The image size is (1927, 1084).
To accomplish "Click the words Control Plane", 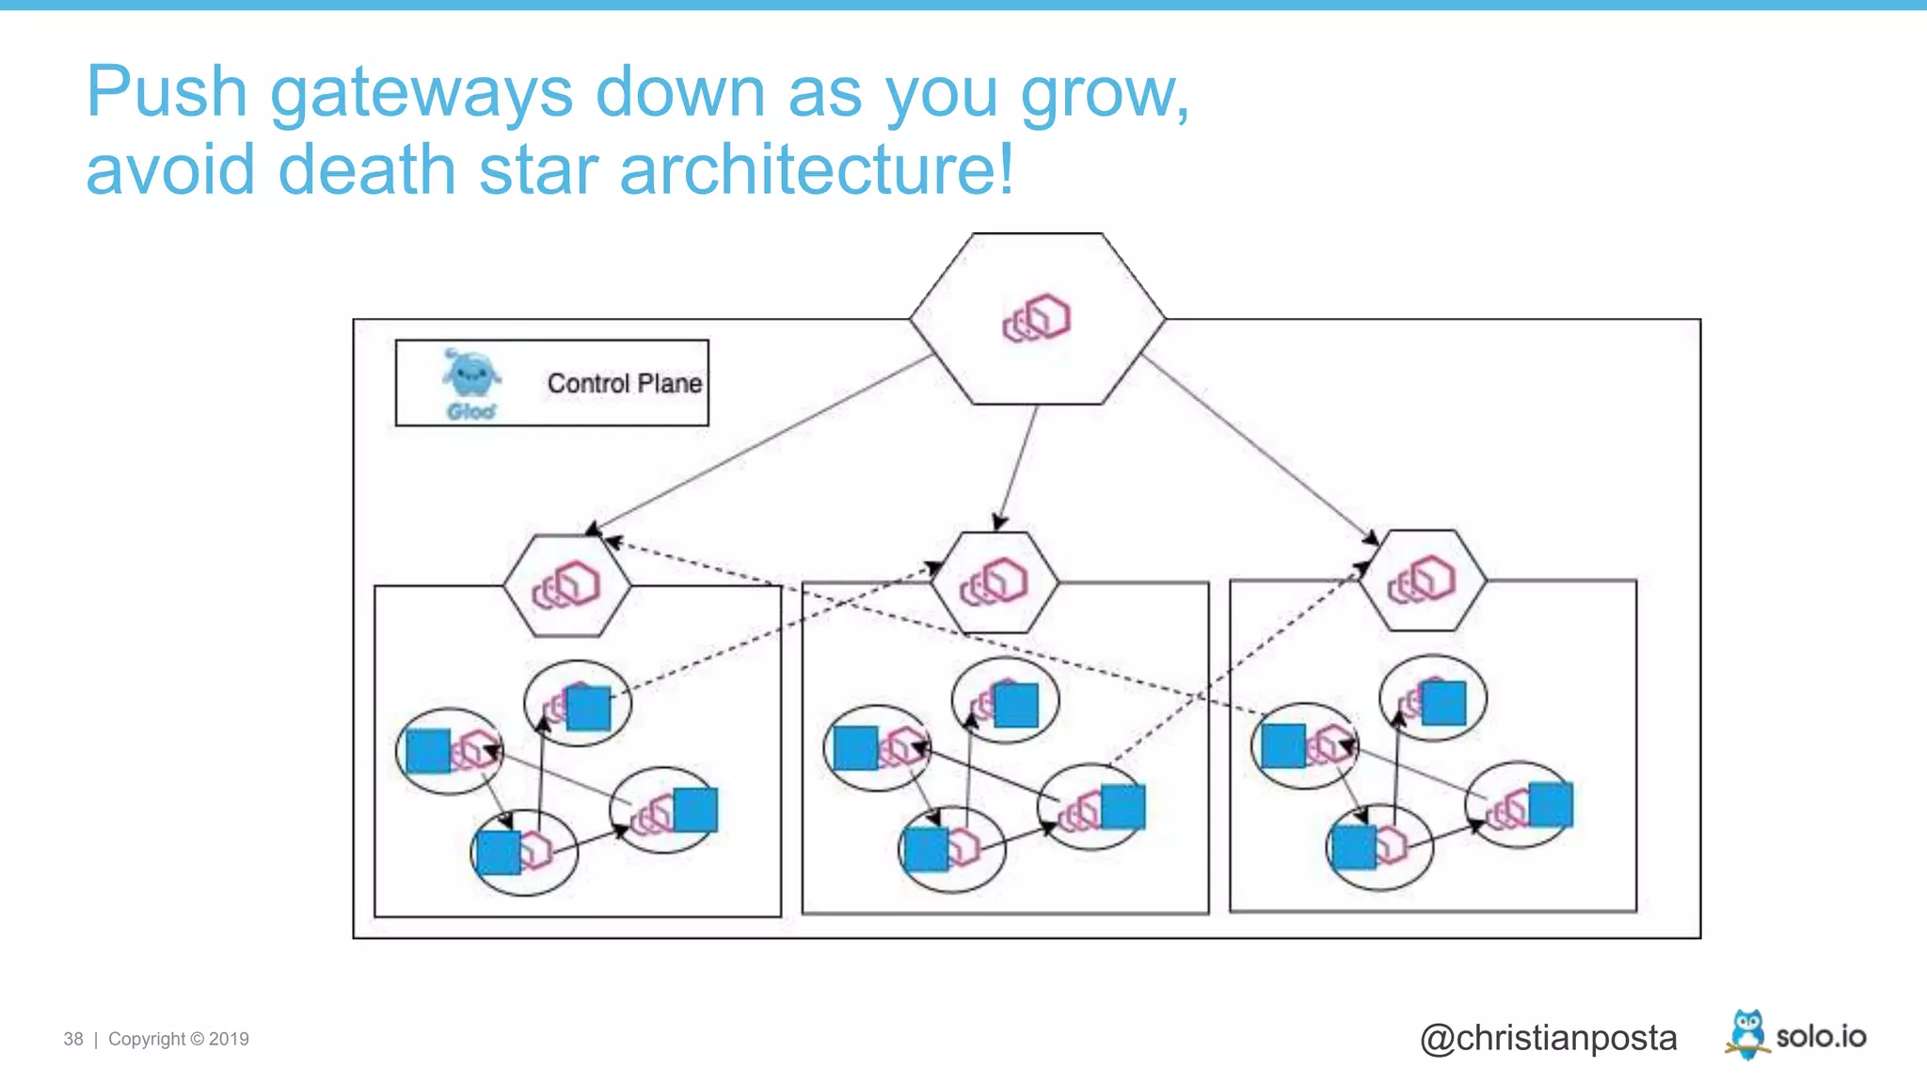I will click(x=624, y=384).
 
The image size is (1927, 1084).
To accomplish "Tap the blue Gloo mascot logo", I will click(x=470, y=375).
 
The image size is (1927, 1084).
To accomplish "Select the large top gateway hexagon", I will click(x=1037, y=319).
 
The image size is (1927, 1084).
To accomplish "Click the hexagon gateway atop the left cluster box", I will click(x=566, y=585).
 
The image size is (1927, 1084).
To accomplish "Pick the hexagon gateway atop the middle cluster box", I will click(x=995, y=582).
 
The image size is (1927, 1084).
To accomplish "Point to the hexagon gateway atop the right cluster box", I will click(x=1422, y=580).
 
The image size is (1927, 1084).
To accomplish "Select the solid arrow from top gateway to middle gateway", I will click(x=1018, y=467).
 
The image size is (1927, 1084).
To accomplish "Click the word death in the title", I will click(x=366, y=170).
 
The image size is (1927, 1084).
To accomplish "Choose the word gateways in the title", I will click(x=421, y=93).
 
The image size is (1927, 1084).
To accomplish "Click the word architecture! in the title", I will click(x=817, y=170).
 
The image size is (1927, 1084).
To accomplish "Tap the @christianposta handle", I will click(x=1548, y=1038).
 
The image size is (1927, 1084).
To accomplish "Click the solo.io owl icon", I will click(x=1747, y=1034).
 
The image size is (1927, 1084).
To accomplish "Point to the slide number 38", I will click(x=73, y=1039).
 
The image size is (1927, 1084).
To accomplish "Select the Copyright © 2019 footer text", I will click(x=179, y=1039).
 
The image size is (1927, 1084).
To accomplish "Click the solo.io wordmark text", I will click(x=1821, y=1037).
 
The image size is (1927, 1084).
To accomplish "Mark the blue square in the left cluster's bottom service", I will click(x=499, y=853).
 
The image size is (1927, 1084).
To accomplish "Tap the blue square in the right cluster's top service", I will click(x=1443, y=703).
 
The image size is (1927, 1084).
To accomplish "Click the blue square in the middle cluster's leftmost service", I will click(x=856, y=748).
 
